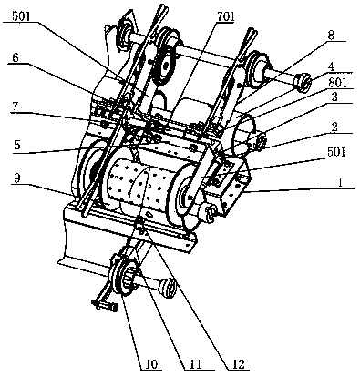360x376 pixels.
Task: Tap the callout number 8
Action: [x=331, y=36]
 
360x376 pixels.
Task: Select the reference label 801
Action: [x=337, y=83]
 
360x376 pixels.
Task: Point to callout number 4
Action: [x=332, y=66]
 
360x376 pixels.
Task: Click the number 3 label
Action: [x=334, y=97]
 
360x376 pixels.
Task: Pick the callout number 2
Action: [x=334, y=127]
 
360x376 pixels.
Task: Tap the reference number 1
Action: [x=341, y=182]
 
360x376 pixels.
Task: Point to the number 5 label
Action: [x=17, y=145]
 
